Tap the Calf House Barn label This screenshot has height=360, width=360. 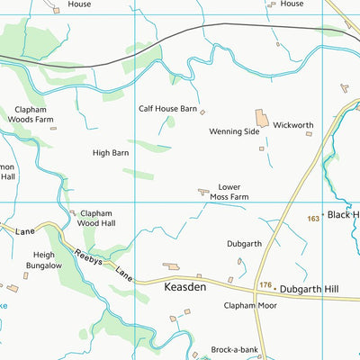167,108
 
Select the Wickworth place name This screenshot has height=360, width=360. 292,125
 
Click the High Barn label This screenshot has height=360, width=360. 111,153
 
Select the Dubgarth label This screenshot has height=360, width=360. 244,243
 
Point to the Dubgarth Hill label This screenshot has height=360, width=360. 310,287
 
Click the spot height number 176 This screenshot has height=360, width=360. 265,286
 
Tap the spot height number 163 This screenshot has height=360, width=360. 313,219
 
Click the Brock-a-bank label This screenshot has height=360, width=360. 234,348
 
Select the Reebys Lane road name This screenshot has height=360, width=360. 103,266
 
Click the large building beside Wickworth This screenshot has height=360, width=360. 262,118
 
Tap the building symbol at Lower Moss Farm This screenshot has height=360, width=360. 203,191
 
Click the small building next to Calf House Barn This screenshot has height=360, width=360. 202,112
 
